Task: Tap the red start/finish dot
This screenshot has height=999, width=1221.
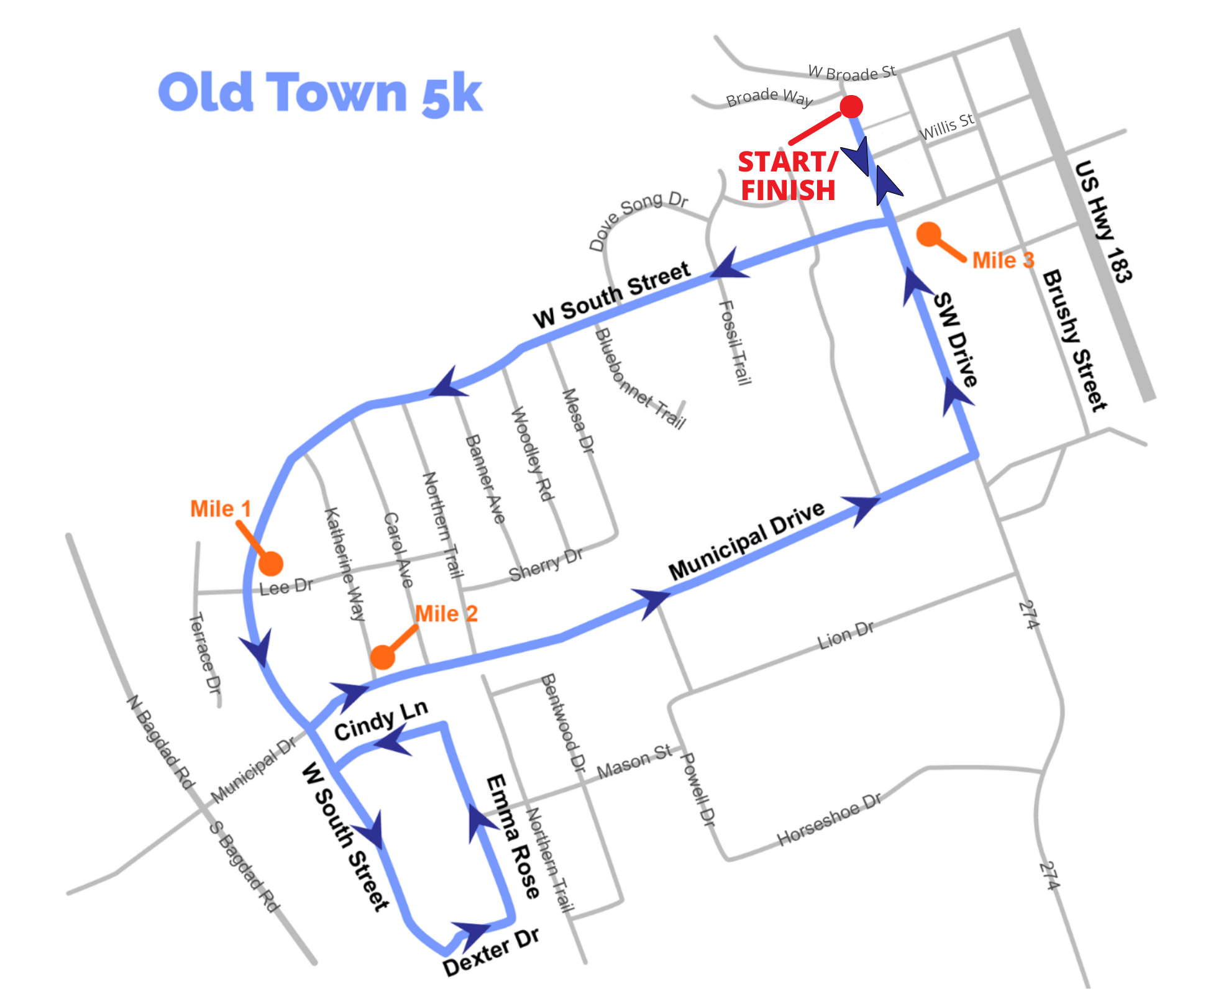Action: coord(851,107)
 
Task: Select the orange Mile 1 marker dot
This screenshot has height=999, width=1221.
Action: coord(271,563)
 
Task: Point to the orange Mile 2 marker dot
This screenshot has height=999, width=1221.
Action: coord(383,657)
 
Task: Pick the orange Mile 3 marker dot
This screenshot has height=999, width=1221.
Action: coord(929,235)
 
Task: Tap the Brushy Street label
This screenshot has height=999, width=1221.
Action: coord(1074,340)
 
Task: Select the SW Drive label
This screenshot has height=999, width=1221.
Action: coord(956,339)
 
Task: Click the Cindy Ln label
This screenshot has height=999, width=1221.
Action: coord(381,721)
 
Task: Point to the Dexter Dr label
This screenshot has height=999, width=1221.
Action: coord(491,952)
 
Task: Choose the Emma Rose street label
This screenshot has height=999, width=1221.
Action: coord(513,836)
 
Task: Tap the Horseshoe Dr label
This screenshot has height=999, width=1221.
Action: coord(829,819)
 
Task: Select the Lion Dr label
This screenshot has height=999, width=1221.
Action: coord(845,635)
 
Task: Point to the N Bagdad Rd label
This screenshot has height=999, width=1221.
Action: coord(161,742)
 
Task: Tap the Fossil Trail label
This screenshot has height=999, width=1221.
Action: coord(735,342)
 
